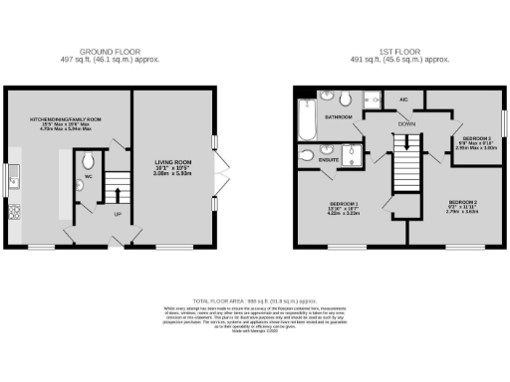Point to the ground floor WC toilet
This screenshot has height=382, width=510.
88,161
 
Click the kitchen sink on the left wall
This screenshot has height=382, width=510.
13,180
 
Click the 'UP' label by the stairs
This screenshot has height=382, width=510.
117,214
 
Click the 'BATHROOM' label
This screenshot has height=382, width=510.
338,117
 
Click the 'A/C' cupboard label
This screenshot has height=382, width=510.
403,99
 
